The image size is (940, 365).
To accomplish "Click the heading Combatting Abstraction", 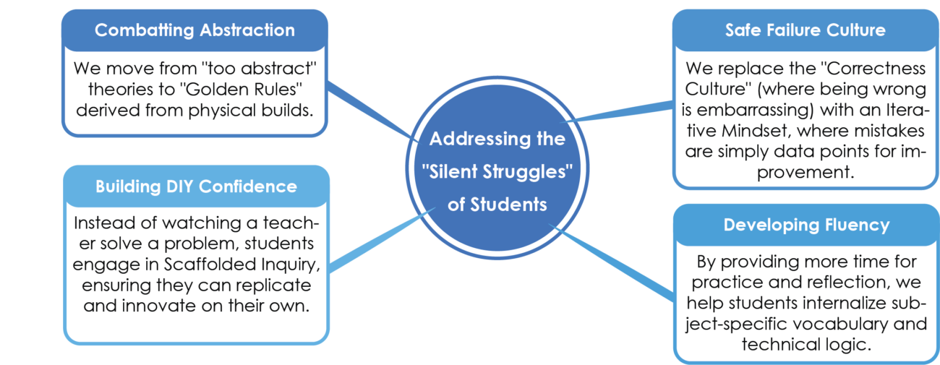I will point(195,30).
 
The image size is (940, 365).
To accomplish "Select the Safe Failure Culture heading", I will point(805,30).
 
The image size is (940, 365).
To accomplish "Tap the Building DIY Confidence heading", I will point(196,186).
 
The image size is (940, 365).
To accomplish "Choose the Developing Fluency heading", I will point(806,225).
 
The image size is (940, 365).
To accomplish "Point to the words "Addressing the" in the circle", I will point(497,138).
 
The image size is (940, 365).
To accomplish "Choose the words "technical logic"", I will point(805,344).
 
